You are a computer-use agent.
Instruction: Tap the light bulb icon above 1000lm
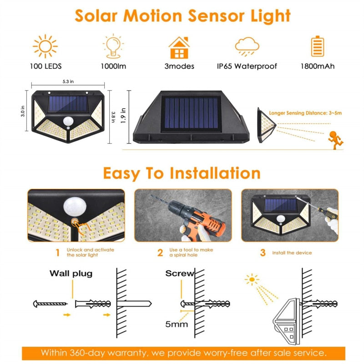pos(114,46)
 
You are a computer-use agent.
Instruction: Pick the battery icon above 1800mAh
pos(317,46)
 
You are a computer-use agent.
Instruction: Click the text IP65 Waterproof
pos(247,66)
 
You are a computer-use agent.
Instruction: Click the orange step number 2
pos(160,253)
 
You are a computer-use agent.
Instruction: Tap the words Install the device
pos(292,253)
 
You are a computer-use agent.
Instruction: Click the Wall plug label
pos(71,273)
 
